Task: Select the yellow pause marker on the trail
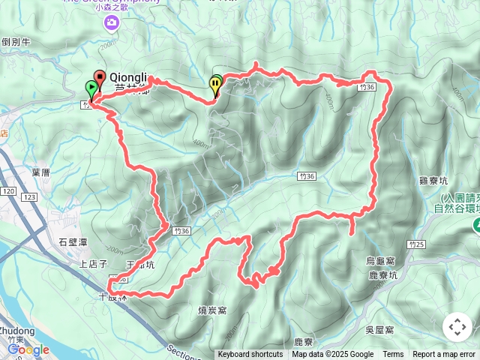coord(216,85)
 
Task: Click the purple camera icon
coord(112,24)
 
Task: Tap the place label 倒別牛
coord(15,43)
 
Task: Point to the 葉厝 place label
coord(40,172)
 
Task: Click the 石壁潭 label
coord(73,241)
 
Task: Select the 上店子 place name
coord(94,264)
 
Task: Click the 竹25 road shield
coord(417,244)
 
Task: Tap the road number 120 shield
coord(8,192)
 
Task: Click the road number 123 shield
coord(29,196)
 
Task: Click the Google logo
coord(28,349)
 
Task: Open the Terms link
coord(393,355)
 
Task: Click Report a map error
coord(444,355)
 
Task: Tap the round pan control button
coord(457,327)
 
